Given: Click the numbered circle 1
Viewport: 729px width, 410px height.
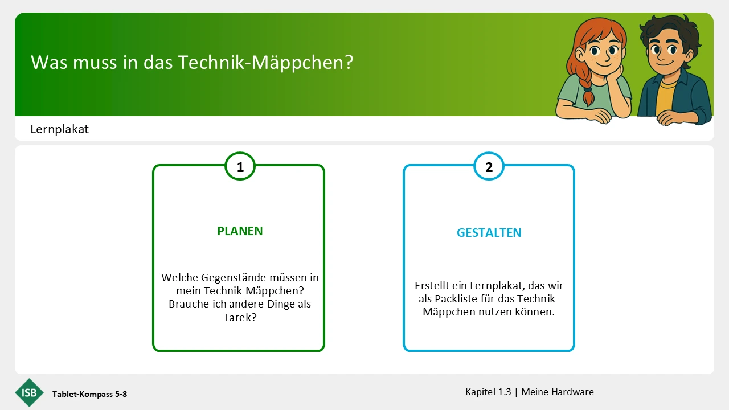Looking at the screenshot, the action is (x=240, y=166).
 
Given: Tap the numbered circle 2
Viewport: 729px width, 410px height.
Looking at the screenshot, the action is (x=489, y=166).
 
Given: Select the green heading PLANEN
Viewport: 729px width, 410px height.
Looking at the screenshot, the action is (x=240, y=231).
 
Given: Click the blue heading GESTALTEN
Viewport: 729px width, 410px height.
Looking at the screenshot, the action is (x=489, y=233).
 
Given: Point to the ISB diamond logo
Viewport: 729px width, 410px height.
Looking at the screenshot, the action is (x=29, y=393).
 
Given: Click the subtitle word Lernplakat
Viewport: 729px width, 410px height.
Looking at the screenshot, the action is (x=60, y=129).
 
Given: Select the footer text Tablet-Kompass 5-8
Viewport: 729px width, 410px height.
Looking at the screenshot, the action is (x=90, y=394).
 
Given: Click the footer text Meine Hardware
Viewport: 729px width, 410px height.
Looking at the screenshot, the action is (x=558, y=392).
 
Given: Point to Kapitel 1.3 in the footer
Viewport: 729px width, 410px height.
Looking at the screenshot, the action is (x=488, y=392).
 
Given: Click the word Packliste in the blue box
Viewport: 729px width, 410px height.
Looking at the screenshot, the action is (x=456, y=299).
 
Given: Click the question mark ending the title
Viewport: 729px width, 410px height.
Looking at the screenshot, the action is (x=349, y=62).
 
